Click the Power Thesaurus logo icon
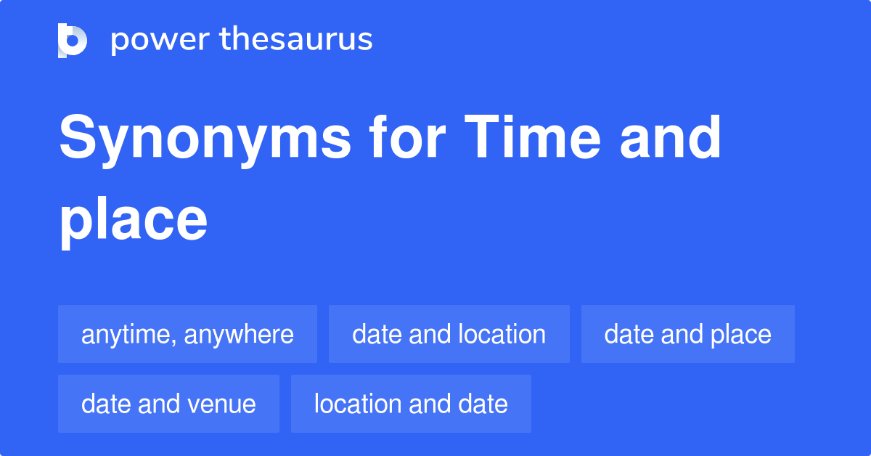tap(73, 40)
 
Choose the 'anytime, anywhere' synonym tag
tap(187, 334)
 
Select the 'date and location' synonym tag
tap(449, 334)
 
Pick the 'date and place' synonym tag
tap(687, 334)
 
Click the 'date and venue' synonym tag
tap(168, 404)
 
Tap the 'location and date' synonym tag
tap(411, 404)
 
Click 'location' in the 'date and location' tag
tap(502, 334)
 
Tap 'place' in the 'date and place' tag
tap(741, 334)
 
